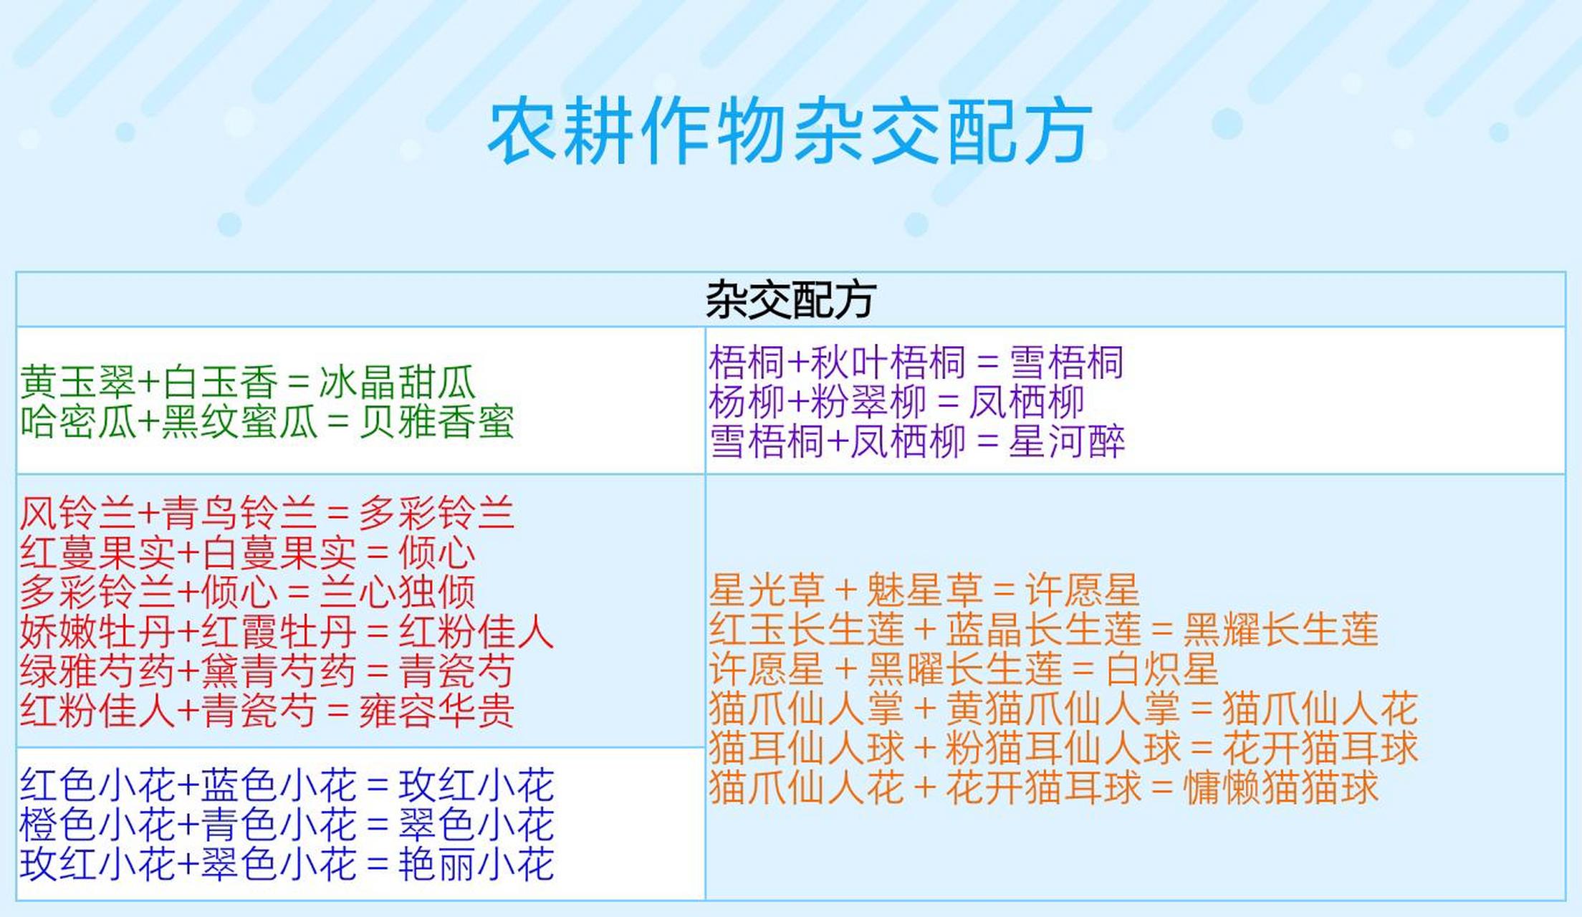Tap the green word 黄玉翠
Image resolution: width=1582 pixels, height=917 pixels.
point(77,382)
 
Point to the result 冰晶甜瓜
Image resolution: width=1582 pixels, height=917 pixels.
point(397,382)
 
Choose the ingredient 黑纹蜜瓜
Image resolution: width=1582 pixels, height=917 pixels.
point(239,421)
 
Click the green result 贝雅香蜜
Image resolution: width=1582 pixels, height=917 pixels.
point(436,421)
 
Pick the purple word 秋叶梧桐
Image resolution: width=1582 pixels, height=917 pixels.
point(888,362)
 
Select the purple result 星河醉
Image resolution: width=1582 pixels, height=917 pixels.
point(1067,441)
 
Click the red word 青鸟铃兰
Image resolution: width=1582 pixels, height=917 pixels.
point(239,513)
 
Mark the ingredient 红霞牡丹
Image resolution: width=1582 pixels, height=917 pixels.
point(279,632)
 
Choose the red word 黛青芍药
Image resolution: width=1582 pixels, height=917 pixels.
point(279,671)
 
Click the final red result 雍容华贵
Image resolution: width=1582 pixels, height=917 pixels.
point(436,711)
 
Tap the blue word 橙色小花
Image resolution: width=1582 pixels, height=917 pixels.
point(97,824)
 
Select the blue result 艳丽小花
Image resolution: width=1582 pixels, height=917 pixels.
point(476,863)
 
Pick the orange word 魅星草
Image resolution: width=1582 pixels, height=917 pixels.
point(924,590)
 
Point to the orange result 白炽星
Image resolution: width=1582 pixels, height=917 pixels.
point(1162,669)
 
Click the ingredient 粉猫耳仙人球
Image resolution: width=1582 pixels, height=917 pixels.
point(1063,748)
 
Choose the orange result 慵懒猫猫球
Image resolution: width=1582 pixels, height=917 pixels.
point(1280,787)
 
